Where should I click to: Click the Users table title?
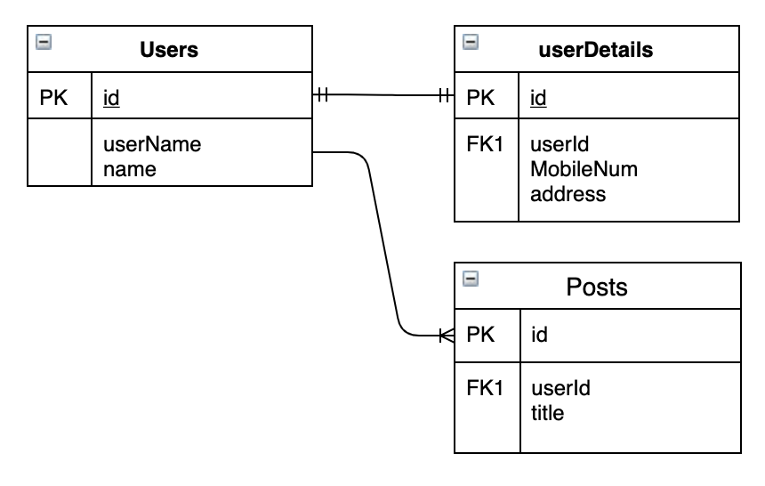(169, 50)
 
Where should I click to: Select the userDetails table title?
(597, 50)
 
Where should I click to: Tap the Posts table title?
(597, 287)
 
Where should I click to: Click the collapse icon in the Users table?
(43, 41)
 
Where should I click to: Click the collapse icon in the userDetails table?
(471, 41)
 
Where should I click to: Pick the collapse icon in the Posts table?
(471, 278)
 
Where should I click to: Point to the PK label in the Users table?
(53, 98)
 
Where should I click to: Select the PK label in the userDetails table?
(480, 98)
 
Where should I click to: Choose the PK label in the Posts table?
(480, 335)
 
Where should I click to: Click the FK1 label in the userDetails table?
(485, 144)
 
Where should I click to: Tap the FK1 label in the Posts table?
(485, 388)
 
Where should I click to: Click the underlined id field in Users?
(111, 98)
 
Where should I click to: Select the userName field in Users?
(151, 144)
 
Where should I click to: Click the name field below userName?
(129, 169)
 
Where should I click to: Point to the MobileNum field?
(584, 169)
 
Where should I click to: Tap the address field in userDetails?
(568, 193)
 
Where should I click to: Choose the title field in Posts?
(547, 413)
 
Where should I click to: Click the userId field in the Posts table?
(560, 388)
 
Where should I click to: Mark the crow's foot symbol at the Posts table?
(447, 336)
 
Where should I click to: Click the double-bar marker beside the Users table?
(322, 94)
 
